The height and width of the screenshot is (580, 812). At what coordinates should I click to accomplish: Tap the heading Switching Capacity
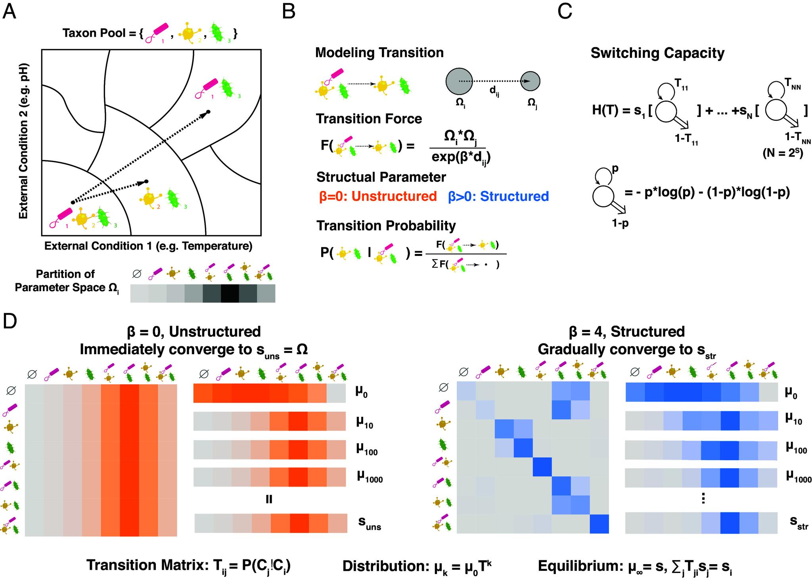[x=657, y=53]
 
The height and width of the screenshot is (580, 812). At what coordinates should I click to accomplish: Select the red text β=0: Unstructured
[x=378, y=196]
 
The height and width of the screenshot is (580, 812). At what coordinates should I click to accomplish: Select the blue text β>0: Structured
[x=498, y=196]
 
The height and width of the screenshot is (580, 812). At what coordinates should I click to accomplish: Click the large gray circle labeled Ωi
[x=459, y=81]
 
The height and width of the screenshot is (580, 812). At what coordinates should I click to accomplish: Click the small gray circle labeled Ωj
[x=530, y=81]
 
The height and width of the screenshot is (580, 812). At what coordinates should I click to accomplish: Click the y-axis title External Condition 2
[x=24, y=141]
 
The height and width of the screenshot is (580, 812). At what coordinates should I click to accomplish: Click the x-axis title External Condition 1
[x=148, y=246]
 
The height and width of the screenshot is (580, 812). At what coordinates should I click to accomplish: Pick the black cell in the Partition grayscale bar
[x=230, y=294]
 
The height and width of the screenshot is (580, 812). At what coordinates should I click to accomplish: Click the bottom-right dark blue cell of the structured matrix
[x=599, y=524]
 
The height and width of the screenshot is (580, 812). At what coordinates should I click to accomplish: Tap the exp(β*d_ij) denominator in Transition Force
[x=461, y=158]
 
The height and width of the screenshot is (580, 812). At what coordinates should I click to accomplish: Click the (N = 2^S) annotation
[x=783, y=152]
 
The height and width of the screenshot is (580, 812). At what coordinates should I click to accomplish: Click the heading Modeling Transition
[x=379, y=53]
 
